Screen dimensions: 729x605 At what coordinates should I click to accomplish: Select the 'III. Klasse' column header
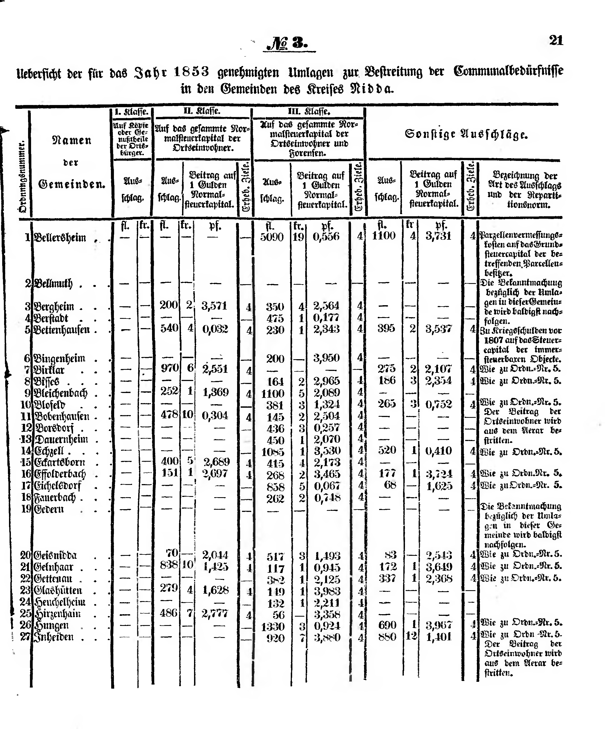click(x=309, y=112)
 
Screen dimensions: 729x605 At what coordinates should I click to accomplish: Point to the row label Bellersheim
click(x=60, y=238)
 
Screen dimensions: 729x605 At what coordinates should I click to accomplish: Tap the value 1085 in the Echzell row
click(x=273, y=452)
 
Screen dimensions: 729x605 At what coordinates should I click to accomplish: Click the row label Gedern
click(x=49, y=509)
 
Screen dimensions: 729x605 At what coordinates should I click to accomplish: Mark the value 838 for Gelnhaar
click(x=169, y=565)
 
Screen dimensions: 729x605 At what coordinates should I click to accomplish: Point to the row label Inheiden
click(x=53, y=637)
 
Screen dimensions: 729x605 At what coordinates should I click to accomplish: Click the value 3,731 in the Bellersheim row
click(x=438, y=236)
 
